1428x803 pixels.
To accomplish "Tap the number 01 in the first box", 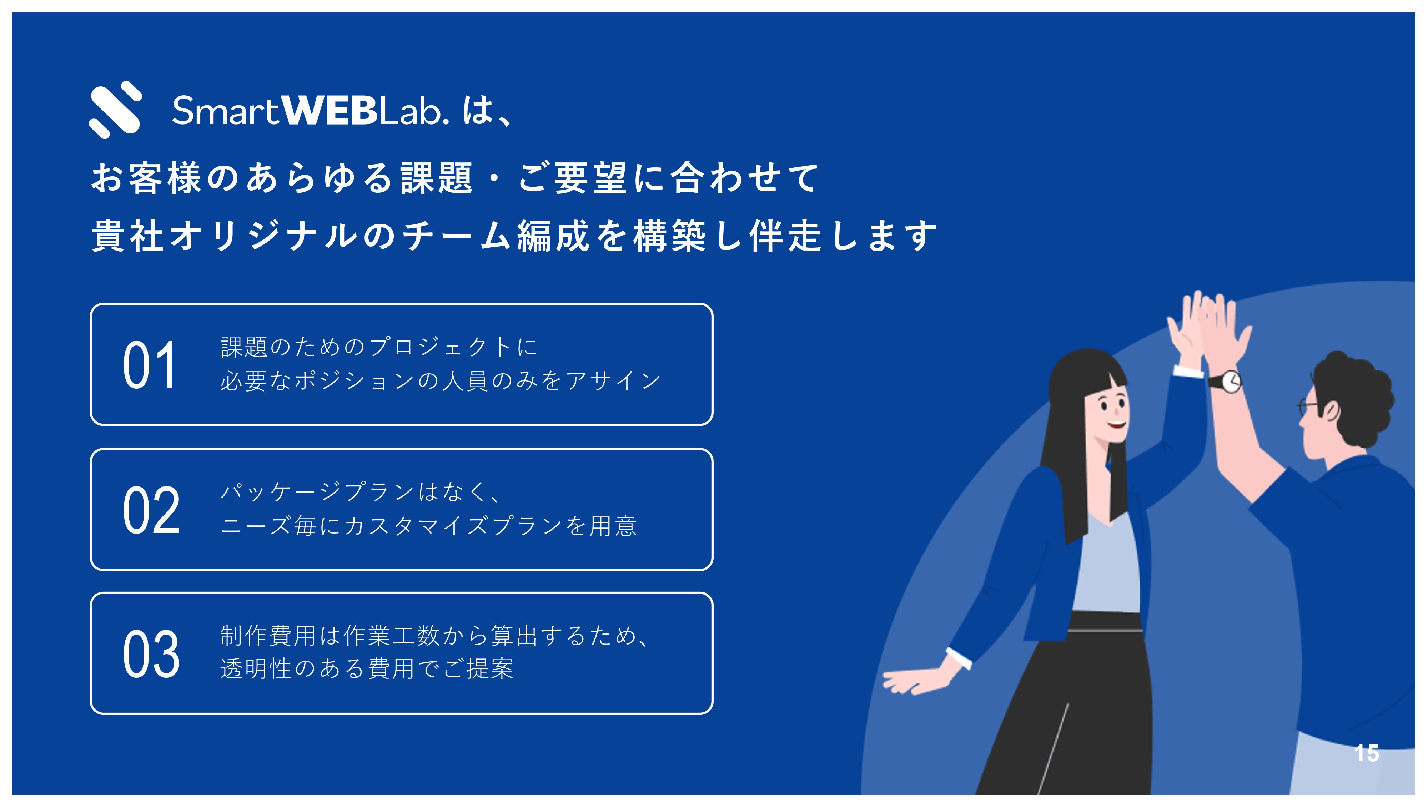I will pos(150,365).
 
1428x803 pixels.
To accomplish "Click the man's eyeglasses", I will pos(1309,407).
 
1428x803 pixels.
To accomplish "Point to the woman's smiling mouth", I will pos(1116,424).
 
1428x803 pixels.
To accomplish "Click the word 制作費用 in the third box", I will pos(268,636).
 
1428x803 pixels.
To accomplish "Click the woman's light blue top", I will pos(1106,565).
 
